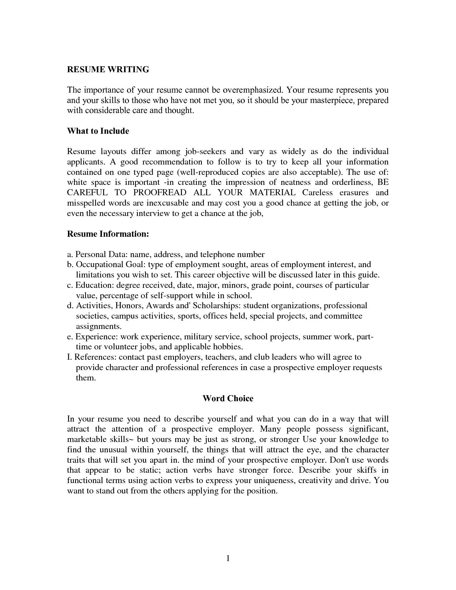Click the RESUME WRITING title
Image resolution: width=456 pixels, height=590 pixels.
coord(108,69)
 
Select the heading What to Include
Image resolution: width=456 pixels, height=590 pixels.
coord(98,131)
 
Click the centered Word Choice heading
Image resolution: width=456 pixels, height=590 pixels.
coord(228,399)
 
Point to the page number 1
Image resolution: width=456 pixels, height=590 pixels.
coord(228,559)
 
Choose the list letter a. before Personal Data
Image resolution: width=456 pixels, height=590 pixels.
coord(70,255)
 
